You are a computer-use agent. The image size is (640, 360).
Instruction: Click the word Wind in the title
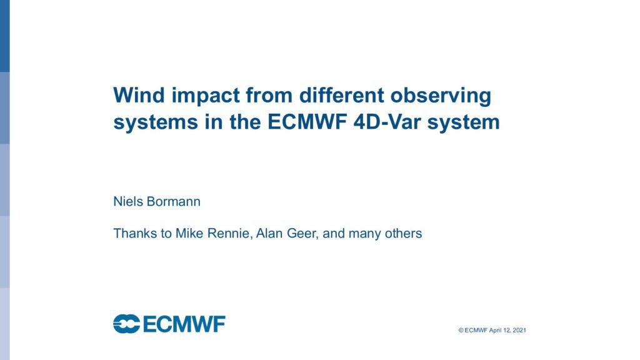click(x=139, y=95)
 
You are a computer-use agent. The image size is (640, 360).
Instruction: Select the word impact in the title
click(x=206, y=97)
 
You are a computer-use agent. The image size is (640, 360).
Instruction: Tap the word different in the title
click(x=342, y=95)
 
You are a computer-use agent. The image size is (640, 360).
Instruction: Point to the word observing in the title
click(x=441, y=97)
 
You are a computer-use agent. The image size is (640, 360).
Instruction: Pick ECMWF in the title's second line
click(x=307, y=122)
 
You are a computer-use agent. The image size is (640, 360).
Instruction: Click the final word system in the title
click(x=463, y=123)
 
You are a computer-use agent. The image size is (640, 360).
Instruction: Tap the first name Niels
click(x=128, y=202)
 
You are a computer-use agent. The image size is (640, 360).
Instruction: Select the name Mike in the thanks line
click(x=190, y=234)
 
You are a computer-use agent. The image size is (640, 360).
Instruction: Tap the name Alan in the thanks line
click(x=270, y=234)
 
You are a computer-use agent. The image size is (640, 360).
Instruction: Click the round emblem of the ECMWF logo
click(x=126, y=324)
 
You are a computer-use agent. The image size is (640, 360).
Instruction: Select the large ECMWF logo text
click(x=184, y=324)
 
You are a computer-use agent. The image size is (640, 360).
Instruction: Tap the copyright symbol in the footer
click(x=461, y=330)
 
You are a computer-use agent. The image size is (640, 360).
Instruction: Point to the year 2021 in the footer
click(x=519, y=330)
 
